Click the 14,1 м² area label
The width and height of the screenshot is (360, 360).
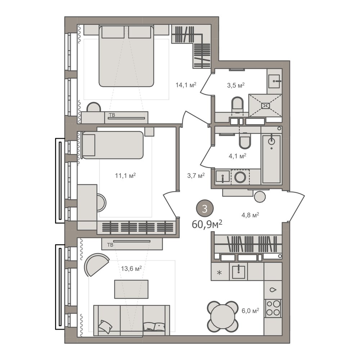[x=186, y=85]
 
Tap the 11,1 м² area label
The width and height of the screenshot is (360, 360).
[x=125, y=176]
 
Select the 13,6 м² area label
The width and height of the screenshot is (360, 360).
[x=131, y=269]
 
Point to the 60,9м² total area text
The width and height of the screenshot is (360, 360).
[x=207, y=224]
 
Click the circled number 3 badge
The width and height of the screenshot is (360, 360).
[x=204, y=209]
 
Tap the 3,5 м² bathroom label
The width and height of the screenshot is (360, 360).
[x=236, y=85]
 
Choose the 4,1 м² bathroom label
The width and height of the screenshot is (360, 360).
[x=237, y=156]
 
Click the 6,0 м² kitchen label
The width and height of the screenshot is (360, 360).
[x=250, y=311]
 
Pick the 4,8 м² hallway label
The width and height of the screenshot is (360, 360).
[x=250, y=215]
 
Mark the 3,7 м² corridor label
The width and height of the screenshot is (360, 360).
[x=196, y=176]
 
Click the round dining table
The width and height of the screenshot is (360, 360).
[x=222, y=316]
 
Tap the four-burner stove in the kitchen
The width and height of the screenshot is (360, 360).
[x=273, y=308]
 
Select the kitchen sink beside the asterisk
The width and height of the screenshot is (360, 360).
[x=239, y=272]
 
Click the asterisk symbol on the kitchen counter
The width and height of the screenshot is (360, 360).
[x=220, y=273]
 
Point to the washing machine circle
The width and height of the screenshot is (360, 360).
[x=240, y=177]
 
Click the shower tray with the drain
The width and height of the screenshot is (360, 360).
[x=265, y=105]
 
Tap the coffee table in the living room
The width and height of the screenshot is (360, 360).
[x=131, y=289]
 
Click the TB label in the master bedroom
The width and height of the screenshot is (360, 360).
[x=112, y=115]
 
